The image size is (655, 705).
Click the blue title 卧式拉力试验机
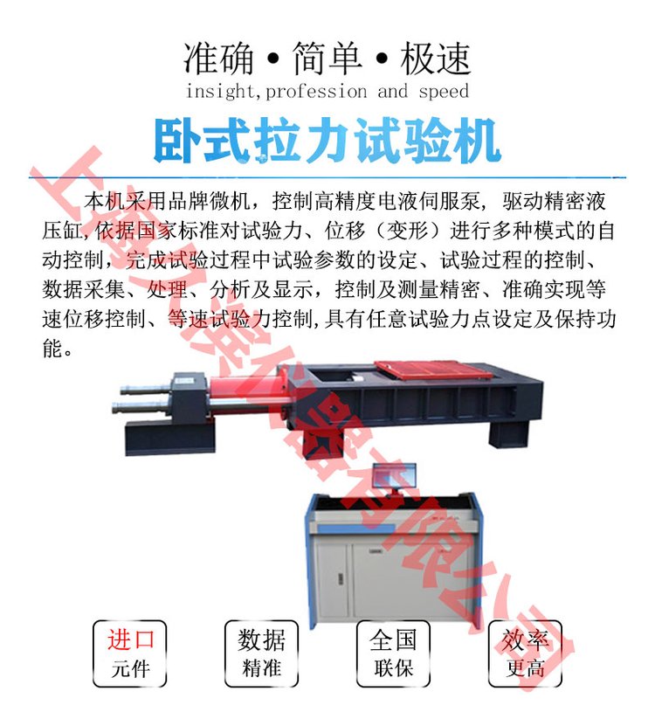327,142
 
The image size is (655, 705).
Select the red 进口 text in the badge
130,639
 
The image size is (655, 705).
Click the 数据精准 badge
261,653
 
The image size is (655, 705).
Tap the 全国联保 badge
393,653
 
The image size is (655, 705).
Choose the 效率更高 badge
525,653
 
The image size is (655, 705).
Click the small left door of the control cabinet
333,580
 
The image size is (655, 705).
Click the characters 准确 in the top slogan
218,59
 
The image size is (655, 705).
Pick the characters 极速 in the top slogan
435,59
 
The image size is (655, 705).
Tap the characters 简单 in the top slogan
327,59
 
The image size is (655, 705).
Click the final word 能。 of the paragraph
57,348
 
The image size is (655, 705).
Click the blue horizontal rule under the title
327,177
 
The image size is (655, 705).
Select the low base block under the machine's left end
170,438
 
